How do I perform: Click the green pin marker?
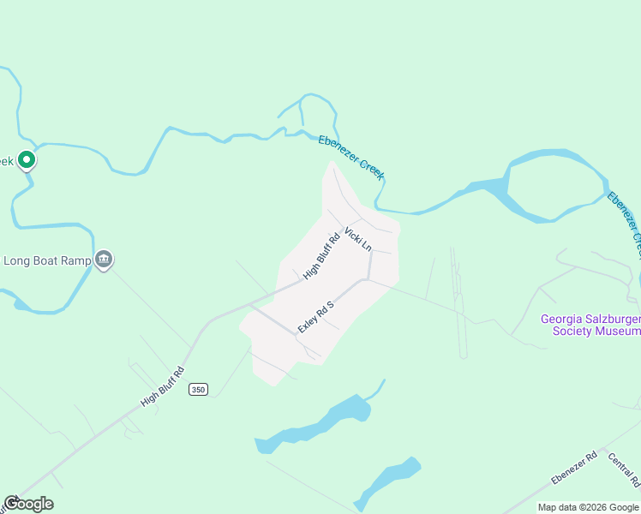(26, 159)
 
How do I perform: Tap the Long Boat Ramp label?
(47, 260)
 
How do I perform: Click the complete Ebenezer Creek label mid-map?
(351, 158)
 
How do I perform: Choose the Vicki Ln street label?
(358, 238)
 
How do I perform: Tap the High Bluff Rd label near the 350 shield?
(163, 387)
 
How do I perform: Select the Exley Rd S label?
(315, 316)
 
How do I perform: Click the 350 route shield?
(199, 389)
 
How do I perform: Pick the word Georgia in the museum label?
(563, 320)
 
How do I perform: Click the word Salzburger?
(614, 320)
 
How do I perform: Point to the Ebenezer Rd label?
(573, 468)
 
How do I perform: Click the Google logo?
(28, 504)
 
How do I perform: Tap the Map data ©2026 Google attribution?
(589, 507)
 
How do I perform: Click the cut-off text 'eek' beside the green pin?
(7, 160)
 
